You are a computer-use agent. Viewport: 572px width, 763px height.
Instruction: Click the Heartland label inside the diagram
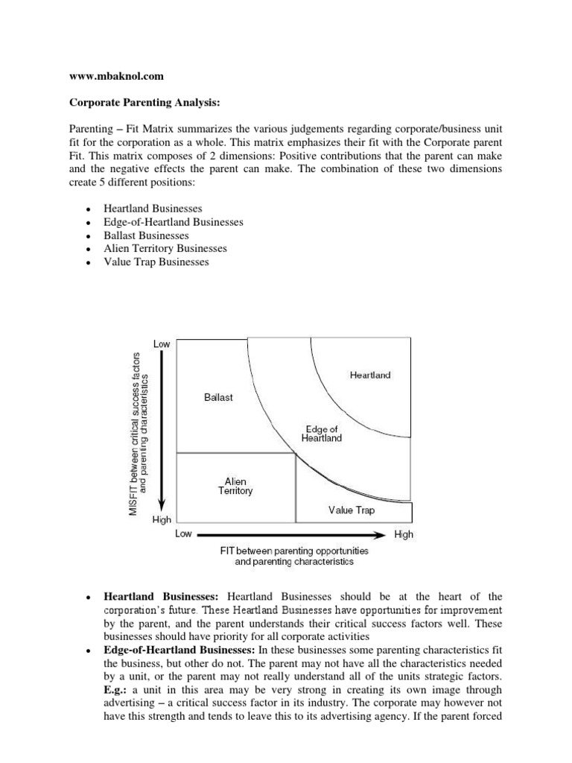pyautogui.click(x=369, y=376)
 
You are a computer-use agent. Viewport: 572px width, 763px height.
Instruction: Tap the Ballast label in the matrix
pyautogui.click(x=218, y=397)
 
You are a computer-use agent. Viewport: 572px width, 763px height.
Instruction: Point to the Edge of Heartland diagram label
pyautogui.click(x=322, y=434)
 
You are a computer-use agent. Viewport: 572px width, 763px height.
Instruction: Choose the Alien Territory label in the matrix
pyautogui.click(x=235, y=487)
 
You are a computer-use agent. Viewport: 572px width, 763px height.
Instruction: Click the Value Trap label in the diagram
pyautogui.click(x=352, y=510)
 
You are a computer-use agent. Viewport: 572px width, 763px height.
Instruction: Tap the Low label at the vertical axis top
pyautogui.click(x=162, y=343)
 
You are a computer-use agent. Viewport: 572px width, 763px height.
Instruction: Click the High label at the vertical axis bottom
pyautogui.click(x=162, y=519)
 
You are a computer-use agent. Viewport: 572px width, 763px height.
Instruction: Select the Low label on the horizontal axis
pyautogui.click(x=183, y=534)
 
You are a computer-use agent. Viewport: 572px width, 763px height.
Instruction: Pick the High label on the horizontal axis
pyautogui.click(x=403, y=534)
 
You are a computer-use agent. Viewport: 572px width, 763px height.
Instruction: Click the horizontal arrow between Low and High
pyautogui.click(x=292, y=534)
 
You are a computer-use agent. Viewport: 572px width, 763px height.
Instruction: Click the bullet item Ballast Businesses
pyautogui.click(x=146, y=235)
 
